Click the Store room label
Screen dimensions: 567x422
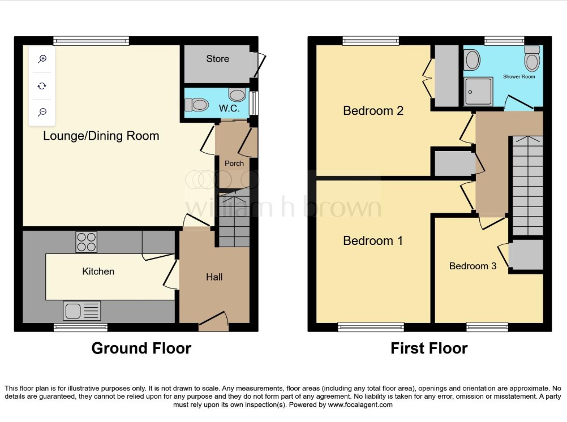[x=218, y=59]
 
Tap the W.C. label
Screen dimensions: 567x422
[x=229, y=108]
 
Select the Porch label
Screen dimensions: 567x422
[x=234, y=163]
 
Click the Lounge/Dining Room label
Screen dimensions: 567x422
[x=101, y=136]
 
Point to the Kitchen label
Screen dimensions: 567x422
[x=98, y=271]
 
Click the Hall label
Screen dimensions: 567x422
[x=214, y=277]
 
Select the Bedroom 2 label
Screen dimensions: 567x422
[x=373, y=111]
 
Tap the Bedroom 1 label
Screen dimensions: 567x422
[x=373, y=241]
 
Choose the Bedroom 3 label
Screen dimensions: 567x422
[x=472, y=266]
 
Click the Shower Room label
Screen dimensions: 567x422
[x=519, y=77]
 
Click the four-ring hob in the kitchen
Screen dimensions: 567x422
[x=87, y=242]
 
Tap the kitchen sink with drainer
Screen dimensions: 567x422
[x=81, y=311]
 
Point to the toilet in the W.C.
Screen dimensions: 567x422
[x=197, y=105]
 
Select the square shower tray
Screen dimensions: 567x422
[x=478, y=92]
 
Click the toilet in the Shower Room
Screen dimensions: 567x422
[x=532, y=59]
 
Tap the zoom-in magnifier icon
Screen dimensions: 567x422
[x=42, y=59]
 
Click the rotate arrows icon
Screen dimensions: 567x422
[x=42, y=86]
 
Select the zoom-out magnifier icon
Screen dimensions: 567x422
[x=42, y=112]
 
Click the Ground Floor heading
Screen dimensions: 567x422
[x=141, y=348]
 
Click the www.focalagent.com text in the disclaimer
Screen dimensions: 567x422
[x=360, y=404]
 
